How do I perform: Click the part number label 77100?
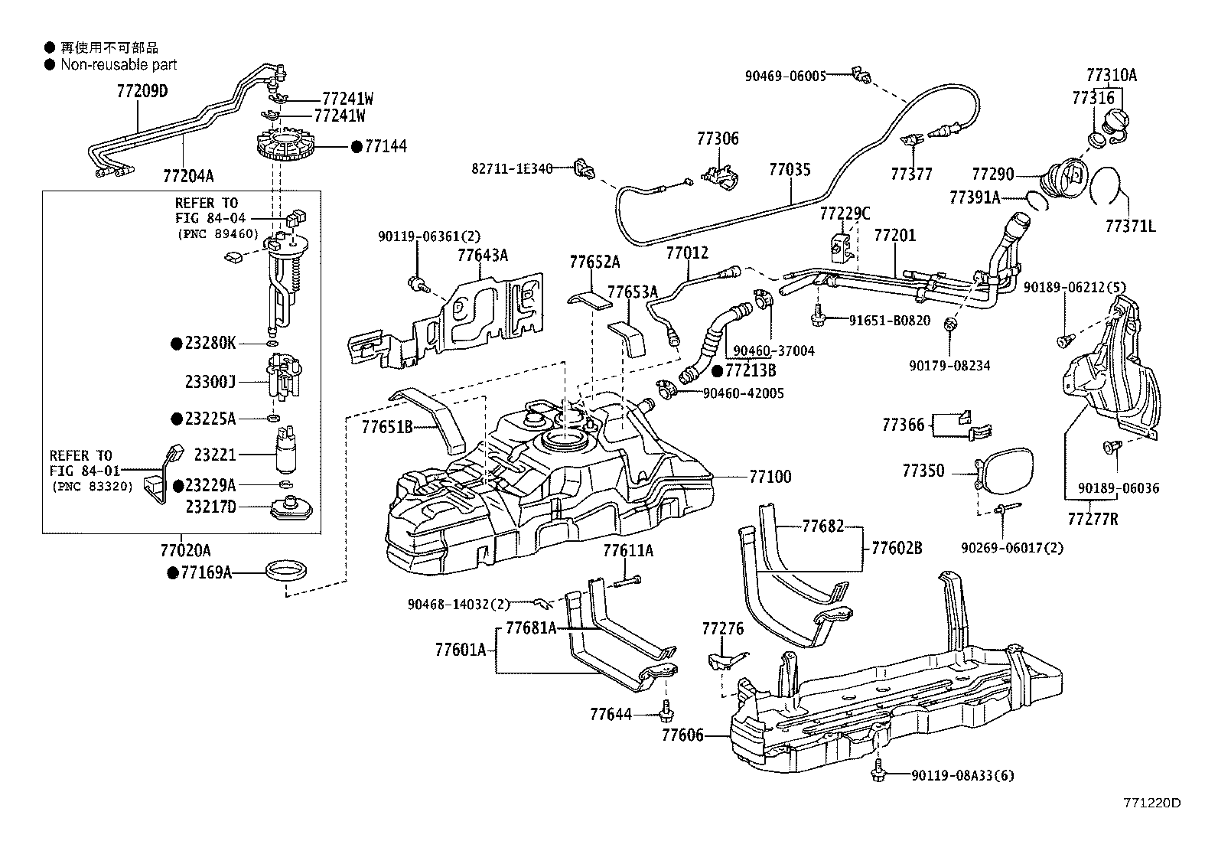coord(770,477)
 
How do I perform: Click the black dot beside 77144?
coord(356,146)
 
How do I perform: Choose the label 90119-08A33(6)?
coord(962,775)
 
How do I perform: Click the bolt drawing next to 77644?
coord(665,712)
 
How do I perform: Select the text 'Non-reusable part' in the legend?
coord(119,65)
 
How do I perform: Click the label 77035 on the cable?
coord(790,170)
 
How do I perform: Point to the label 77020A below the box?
coord(185,550)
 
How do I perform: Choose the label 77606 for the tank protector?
coord(682,735)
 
